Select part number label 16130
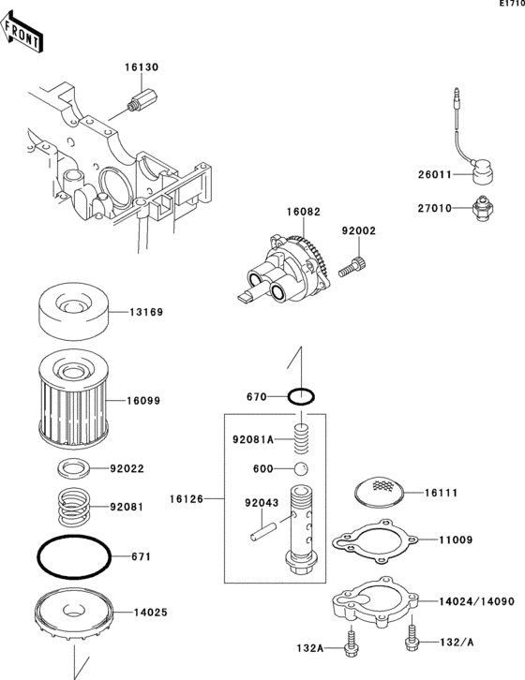[x=142, y=67]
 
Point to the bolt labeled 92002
[x=352, y=267]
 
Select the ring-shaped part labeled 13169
[x=74, y=311]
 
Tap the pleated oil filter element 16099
[x=73, y=398]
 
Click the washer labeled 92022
[x=73, y=469]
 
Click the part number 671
[x=142, y=556]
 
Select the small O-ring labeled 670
[x=301, y=396]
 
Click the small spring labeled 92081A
[x=301, y=438]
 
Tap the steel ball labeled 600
[x=301, y=469]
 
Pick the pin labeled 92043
[x=263, y=531]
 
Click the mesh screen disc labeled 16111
[x=379, y=492]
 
